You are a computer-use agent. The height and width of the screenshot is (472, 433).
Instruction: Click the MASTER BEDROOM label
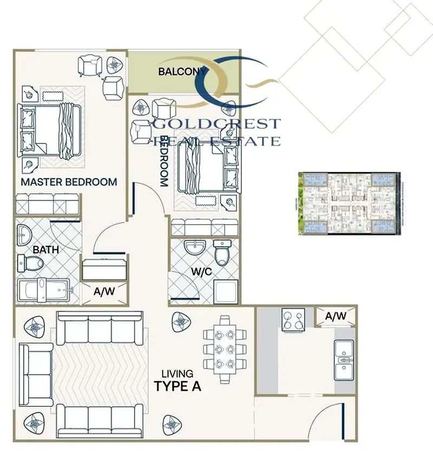click(69, 182)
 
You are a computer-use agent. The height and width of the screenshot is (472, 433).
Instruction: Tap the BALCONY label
click(182, 71)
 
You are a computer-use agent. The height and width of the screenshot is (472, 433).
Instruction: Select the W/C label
click(201, 272)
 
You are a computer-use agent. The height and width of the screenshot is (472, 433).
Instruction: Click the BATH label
click(46, 250)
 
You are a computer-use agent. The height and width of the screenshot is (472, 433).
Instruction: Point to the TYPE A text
click(178, 386)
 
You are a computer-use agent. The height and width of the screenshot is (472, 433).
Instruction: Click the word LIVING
click(177, 373)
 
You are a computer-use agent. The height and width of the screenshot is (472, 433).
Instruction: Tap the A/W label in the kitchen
click(336, 316)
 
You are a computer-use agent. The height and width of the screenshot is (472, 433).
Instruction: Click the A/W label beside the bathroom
click(104, 291)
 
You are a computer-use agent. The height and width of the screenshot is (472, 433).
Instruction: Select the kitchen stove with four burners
click(293, 320)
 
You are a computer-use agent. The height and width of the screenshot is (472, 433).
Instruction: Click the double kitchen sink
click(344, 360)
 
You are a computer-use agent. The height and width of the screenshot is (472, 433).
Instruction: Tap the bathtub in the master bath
click(45, 290)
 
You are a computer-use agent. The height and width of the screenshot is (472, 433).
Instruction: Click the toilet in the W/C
click(222, 252)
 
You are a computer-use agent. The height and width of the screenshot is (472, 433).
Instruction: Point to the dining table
click(225, 349)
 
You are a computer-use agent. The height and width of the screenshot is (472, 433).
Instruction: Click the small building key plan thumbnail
click(349, 204)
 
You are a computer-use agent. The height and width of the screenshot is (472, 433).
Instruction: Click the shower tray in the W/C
click(226, 291)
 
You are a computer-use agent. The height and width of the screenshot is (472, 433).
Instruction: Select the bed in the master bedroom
click(50, 130)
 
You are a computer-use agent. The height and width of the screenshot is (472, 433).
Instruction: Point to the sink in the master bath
click(24, 235)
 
